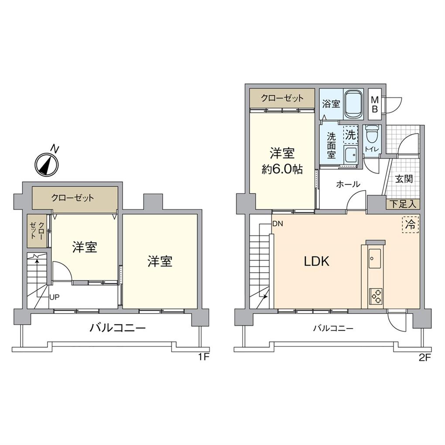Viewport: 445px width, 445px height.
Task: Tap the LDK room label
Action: coord(316,261)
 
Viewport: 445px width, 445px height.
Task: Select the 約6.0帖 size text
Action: coord(282,169)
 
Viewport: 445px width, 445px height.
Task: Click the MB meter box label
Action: coord(374,105)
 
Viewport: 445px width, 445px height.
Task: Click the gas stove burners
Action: coord(375,296)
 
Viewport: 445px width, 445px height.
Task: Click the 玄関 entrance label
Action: coord(404,179)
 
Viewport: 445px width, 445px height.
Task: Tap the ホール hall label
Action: coord(348,184)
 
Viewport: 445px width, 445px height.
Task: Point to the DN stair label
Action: coord(277,224)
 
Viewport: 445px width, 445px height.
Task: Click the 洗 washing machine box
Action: coord(350,134)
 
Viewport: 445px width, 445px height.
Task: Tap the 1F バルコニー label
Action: coord(117,328)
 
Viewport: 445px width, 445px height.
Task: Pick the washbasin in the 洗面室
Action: coord(350,154)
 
